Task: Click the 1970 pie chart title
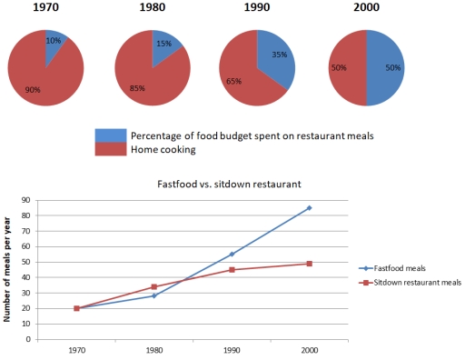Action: (45, 12)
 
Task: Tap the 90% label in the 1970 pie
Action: (32, 89)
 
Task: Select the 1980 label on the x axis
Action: (154, 349)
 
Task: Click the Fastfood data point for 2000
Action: (309, 208)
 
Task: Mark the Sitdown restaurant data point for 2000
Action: (309, 264)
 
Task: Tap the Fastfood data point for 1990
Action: (232, 254)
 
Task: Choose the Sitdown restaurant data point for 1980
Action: (154, 286)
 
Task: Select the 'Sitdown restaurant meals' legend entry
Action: (414, 283)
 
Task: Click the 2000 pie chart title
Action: (366, 12)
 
